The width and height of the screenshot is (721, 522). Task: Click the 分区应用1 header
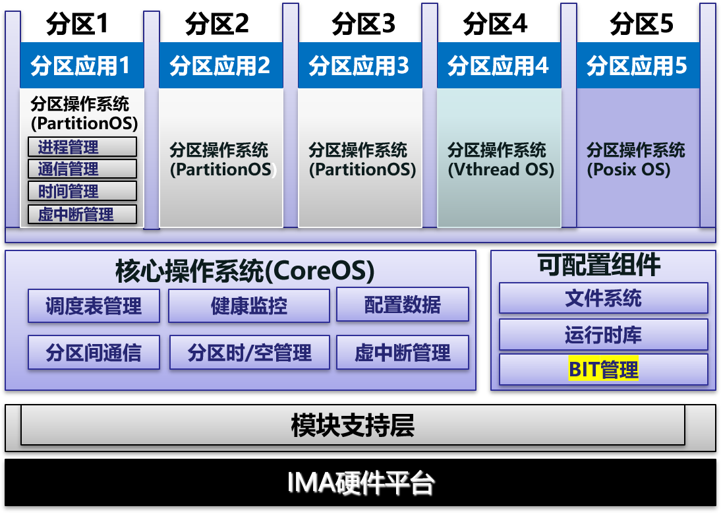[82, 65]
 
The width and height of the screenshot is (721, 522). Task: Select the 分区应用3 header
[360, 65]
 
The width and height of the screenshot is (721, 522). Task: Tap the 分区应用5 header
[637, 65]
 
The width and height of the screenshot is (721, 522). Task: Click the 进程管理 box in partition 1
[82, 146]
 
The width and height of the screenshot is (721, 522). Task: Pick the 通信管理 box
[82, 169]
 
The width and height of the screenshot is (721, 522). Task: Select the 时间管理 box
[82, 191]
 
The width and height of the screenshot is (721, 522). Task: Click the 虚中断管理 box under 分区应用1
[82, 214]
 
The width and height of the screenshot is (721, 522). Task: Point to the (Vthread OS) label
[501, 169]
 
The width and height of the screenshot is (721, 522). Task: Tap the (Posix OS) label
[629, 169]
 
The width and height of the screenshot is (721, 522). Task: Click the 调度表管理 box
[94, 306]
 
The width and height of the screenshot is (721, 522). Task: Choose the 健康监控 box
[249, 306]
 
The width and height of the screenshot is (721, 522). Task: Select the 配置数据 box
[403, 304]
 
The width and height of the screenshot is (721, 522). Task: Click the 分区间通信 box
[94, 353]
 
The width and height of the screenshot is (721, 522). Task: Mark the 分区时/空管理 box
[249, 353]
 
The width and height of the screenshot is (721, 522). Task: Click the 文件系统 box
[603, 298]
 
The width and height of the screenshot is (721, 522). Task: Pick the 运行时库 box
[603, 335]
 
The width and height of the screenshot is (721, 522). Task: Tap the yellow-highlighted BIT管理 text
[603, 369]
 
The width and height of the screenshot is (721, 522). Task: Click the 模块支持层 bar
[353, 425]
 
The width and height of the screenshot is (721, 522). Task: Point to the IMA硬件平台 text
[360, 484]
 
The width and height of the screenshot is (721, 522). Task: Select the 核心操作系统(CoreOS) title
[245, 270]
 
